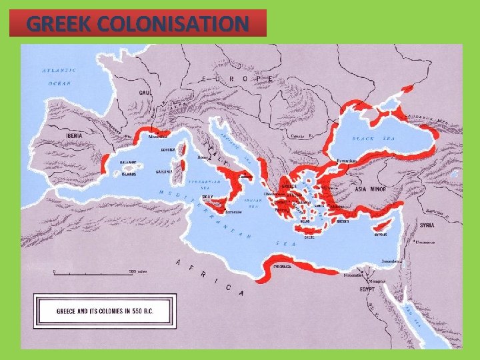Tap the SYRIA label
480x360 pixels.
[x=427, y=225]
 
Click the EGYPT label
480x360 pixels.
[x=367, y=290]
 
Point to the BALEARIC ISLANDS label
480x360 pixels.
[x=128, y=167]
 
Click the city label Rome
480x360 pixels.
[x=203, y=158]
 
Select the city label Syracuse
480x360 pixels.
[x=233, y=213]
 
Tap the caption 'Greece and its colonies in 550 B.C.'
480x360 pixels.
[x=105, y=311]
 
